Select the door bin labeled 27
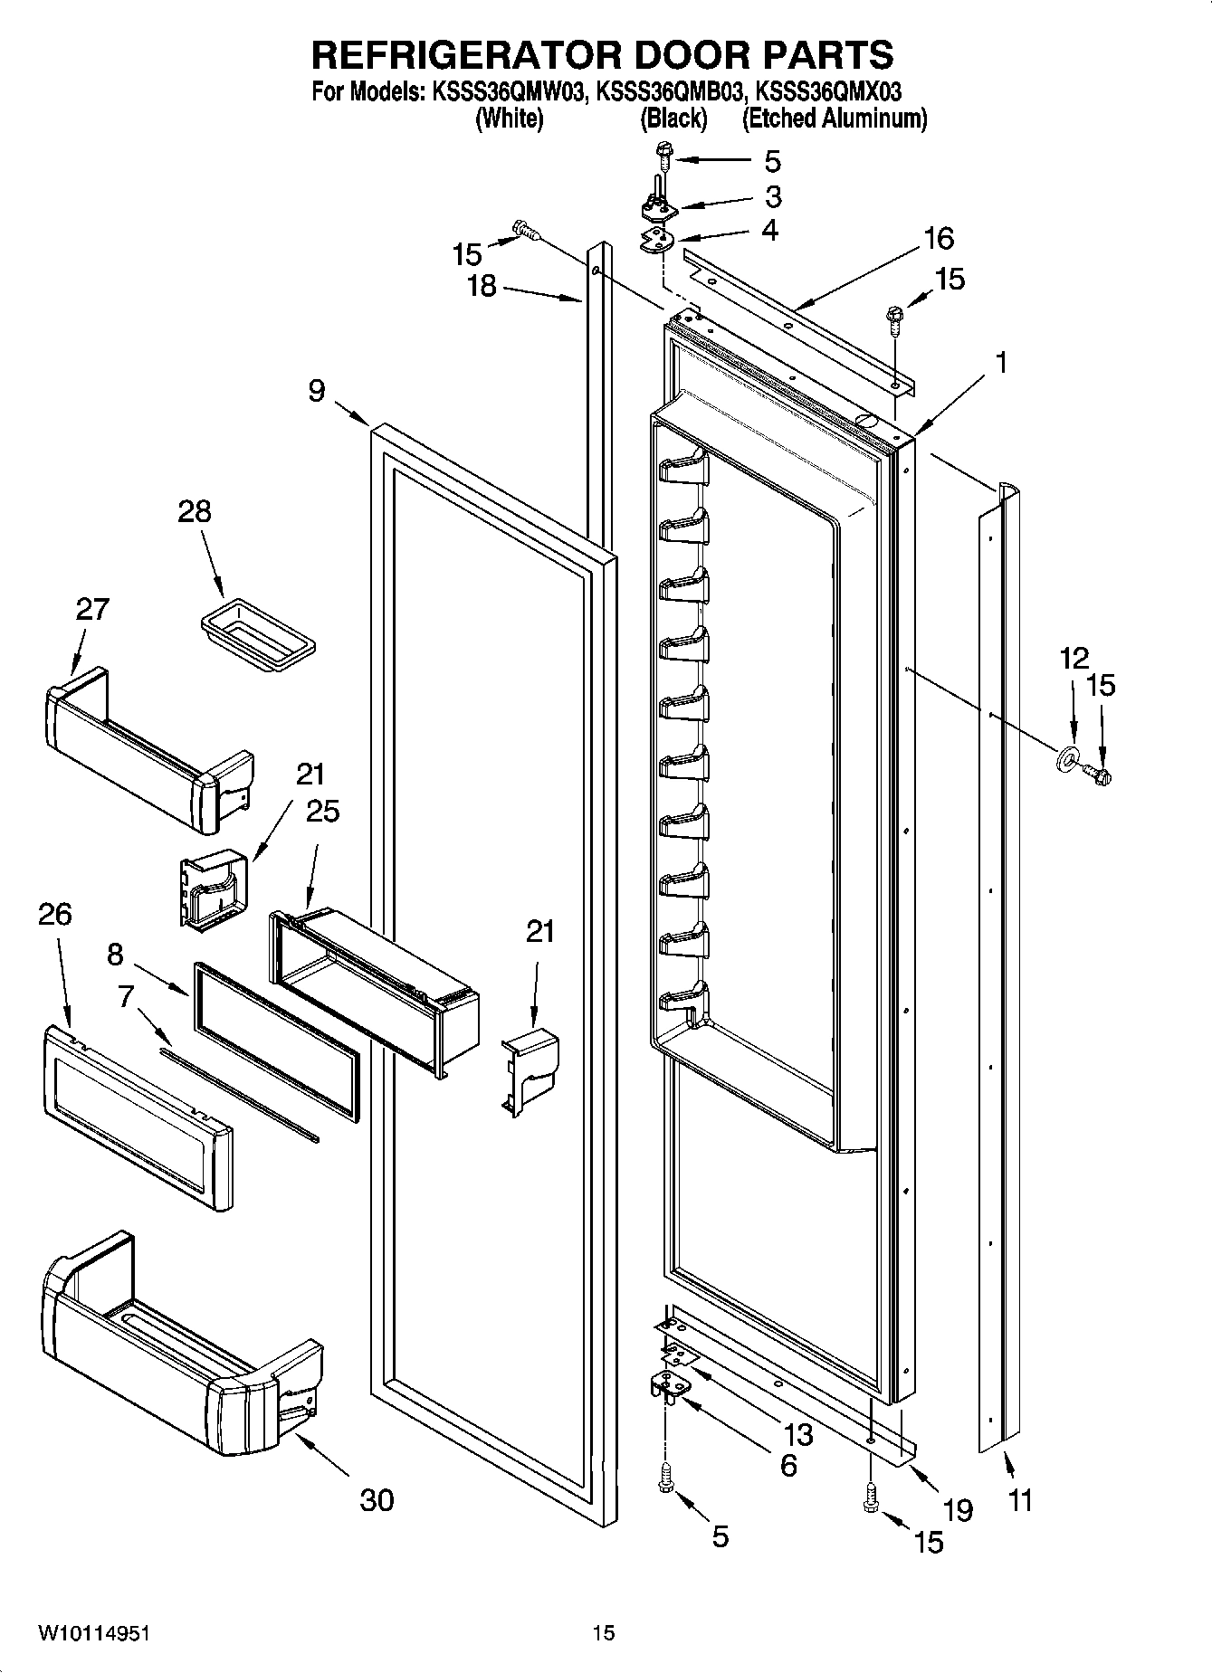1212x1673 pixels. (145, 750)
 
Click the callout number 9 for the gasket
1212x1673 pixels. (316, 391)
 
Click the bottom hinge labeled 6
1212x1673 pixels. (669, 1384)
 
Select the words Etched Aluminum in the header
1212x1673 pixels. (834, 119)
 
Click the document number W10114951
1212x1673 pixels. (93, 1632)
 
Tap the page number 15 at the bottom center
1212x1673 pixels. (604, 1632)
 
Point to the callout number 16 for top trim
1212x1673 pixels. (939, 239)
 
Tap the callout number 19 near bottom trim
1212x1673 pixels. (957, 1509)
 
